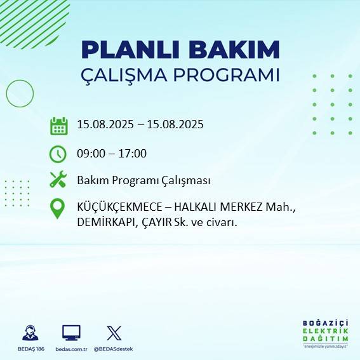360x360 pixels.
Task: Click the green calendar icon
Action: click(x=58, y=126)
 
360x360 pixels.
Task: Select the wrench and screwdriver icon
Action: click(x=58, y=180)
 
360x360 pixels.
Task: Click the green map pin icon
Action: click(x=58, y=209)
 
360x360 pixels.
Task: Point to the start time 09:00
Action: click(x=91, y=154)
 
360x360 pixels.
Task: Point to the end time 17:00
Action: click(x=133, y=154)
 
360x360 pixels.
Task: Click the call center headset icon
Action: click(x=30, y=333)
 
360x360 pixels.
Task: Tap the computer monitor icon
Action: click(x=71, y=333)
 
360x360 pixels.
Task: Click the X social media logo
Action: click(x=114, y=333)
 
